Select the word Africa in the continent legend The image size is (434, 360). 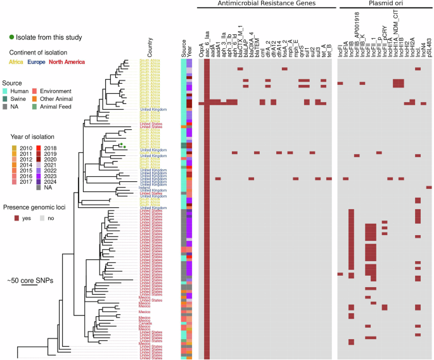point(15,61)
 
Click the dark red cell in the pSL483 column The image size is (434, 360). point(429,187)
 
